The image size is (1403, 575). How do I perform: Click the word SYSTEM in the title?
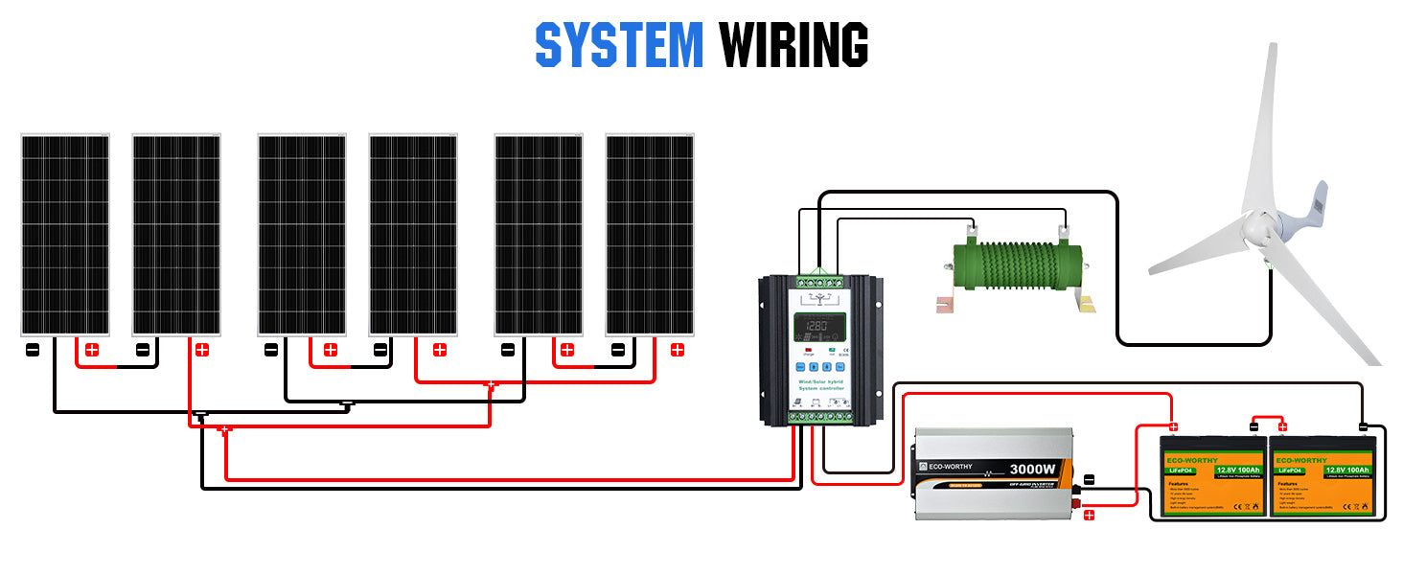point(619,45)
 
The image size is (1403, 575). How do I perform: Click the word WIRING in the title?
point(793,45)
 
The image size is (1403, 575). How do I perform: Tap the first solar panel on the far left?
point(65,235)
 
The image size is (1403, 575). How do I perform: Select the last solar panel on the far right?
point(650,235)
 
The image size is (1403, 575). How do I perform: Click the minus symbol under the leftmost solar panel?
point(33,350)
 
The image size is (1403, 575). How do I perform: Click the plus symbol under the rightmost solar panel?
point(678,350)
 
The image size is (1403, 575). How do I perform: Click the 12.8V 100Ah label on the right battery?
point(1347,470)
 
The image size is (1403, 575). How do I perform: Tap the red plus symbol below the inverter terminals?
point(1089,516)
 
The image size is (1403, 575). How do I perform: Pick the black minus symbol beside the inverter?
point(1089,478)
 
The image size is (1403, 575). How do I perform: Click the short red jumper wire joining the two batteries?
point(1268,418)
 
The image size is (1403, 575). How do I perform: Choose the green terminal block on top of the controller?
point(821,283)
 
